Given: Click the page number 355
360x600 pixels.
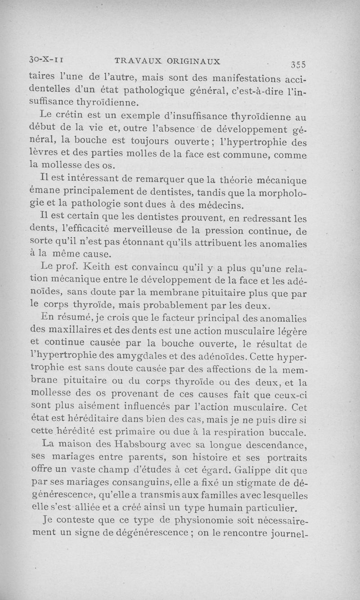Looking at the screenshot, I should click(299, 63).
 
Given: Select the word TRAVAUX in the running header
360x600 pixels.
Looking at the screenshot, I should click(134, 60).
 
